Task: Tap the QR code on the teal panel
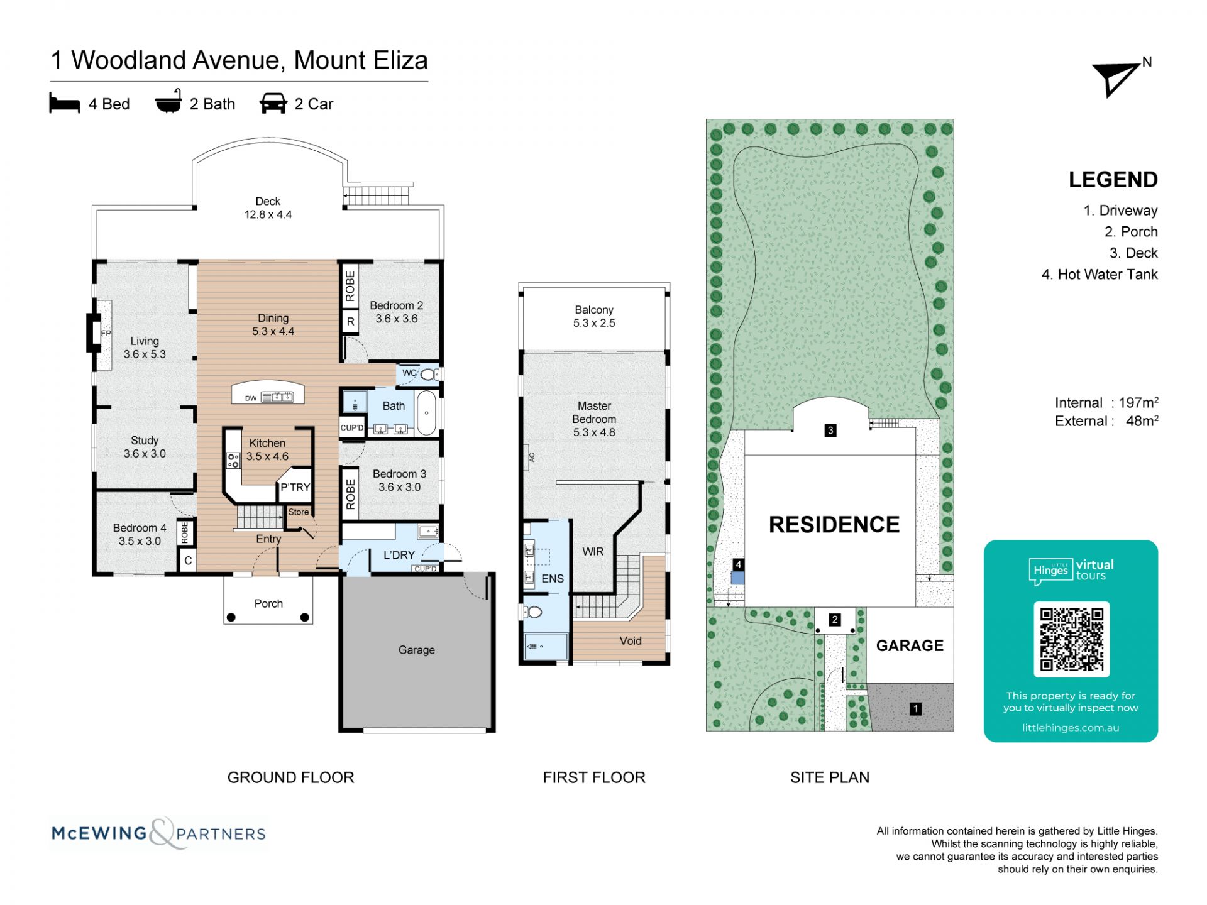(1071, 639)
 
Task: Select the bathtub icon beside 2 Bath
(168, 101)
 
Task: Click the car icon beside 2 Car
(273, 104)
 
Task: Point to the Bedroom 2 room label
(396, 305)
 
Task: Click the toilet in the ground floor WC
(429, 375)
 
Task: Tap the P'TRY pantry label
(295, 487)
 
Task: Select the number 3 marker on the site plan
(830, 431)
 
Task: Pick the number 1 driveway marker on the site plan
(916, 709)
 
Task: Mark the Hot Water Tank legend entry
(1100, 275)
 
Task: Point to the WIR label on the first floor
(593, 552)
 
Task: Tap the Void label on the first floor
(631, 640)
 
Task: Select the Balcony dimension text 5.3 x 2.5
(594, 323)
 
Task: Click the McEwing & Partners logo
(158, 833)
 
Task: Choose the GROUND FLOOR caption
(291, 777)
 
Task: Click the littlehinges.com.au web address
(1071, 728)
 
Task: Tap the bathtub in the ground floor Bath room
(426, 413)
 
